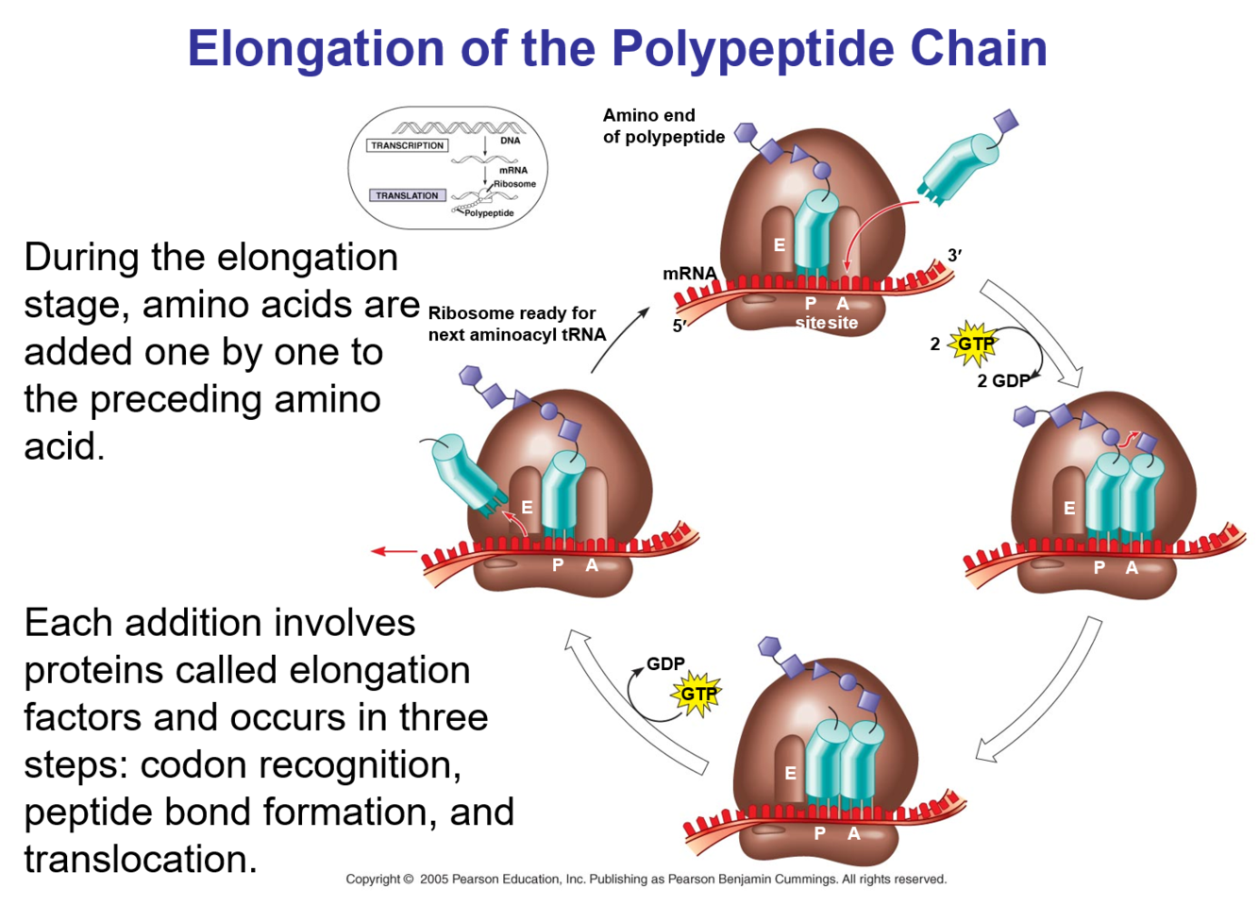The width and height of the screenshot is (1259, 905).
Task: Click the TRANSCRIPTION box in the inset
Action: pyautogui.click(x=407, y=145)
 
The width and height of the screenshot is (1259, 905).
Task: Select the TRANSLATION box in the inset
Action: pyautogui.click(x=407, y=195)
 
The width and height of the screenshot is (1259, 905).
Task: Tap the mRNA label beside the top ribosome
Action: pyautogui.click(x=689, y=274)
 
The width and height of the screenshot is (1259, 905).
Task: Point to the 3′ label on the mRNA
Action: pyautogui.click(x=954, y=255)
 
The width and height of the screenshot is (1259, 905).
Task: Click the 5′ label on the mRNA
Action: pyautogui.click(x=680, y=327)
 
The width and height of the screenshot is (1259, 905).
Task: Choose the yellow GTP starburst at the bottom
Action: pyautogui.click(x=697, y=695)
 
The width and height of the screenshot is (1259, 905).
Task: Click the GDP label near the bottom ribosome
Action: pyautogui.click(x=665, y=664)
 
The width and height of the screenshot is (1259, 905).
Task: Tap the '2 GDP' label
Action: pyautogui.click(x=1002, y=380)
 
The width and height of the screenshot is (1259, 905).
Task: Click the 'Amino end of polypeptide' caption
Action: pyautogui.click(x=663, y=126)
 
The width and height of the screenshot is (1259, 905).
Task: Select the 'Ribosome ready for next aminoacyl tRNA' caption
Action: pyautogui.click(x=516, y=324)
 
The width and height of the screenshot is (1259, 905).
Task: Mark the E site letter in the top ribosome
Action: pyautogui.click(x=780, y=245)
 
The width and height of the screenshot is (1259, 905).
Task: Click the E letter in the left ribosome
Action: pyautogui.click(x=527, y=508)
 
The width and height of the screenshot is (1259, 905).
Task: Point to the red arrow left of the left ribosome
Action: pyautogui.click(x=394, y=551)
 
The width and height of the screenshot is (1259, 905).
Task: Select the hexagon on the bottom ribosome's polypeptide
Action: pyautogui.click(x=769, y=646)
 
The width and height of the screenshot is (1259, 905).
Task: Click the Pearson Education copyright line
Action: pyautogui.click(x=646, y=879)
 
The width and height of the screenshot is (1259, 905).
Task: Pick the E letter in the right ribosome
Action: pyautogui.click(x=1069, y=509)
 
